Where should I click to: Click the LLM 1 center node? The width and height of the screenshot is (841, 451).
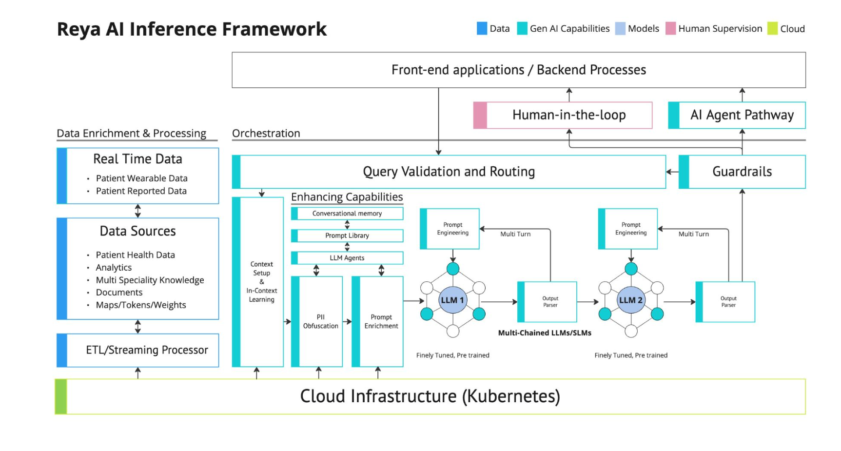[452, 300]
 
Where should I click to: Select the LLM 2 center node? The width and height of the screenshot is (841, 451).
[631, 300]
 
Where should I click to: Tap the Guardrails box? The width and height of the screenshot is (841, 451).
[742, 172]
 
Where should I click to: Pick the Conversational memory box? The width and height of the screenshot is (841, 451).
[347, 214]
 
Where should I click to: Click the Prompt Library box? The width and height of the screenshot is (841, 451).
[347, 235]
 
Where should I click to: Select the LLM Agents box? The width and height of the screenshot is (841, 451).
[347, 258]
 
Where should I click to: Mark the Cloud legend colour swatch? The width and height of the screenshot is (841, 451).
[772, 28]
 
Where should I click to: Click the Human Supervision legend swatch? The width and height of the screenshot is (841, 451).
[671, 28]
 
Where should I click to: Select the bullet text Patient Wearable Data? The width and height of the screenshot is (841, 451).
[141, 178]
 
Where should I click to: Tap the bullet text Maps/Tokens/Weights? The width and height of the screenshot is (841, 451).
[141, 305]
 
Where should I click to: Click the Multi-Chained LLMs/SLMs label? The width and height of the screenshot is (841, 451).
[545, 333]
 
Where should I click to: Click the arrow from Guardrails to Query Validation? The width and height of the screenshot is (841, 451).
[672, 172]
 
